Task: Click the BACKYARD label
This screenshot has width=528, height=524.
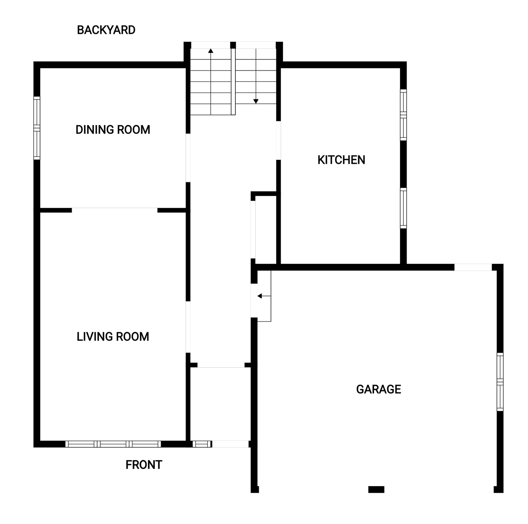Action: click(x=106, y=30)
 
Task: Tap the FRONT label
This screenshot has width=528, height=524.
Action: click(x=144, y=465)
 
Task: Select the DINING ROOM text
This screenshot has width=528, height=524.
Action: click(x=113, y=129)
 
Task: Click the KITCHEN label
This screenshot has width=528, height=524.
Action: click(x=341, y=160)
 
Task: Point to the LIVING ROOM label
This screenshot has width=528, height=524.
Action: click(x=113, y=336)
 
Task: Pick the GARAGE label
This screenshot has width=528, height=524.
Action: click(x=378, y=389)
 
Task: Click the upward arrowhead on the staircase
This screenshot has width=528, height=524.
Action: click(x=210, y=51)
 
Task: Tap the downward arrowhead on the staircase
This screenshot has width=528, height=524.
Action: click(x=256, y=101)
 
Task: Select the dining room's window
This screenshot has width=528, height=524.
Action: click(x=37, y=128)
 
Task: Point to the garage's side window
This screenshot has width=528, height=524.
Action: click(x=500, y=382)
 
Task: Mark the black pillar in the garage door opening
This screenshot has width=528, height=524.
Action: click(x=376, y=489)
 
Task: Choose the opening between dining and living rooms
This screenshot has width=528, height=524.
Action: click(x=114, y=210)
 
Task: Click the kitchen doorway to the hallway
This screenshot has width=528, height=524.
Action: click(x=278, y=140)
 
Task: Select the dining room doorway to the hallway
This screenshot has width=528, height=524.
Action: click(x=188, y=158)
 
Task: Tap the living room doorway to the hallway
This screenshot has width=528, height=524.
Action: click(x=188, y=327)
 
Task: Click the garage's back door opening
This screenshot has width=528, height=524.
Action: click(x=473, y=267)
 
